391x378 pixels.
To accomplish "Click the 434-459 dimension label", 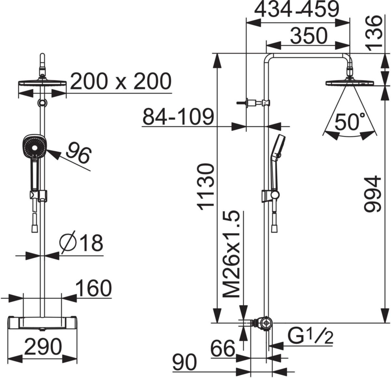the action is pyautogui.click(x=297, y=9).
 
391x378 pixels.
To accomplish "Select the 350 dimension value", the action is pyautogui.click(x=309, y=36).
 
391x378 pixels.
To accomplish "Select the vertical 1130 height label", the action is pyautogui.click(x=205, y=187).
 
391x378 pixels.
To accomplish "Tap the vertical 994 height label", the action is pyautogui.click(x=373, y=194).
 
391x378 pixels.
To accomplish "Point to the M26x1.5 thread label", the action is pyautogui.click(x=231, y=255).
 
